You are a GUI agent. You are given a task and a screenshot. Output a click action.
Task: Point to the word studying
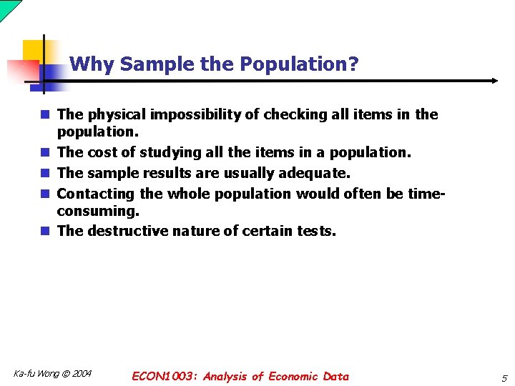(170, 152)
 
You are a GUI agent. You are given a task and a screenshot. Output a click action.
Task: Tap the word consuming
(97, 212)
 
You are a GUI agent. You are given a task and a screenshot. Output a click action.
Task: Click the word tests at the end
(315, 231)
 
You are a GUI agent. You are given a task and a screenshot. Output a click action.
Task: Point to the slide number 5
(504, 377)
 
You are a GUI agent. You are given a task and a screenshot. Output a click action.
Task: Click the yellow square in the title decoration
(34, 51)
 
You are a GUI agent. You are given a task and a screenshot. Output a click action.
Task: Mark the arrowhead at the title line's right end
(494, 81)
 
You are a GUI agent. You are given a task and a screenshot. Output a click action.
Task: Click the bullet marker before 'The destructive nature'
(44, 231)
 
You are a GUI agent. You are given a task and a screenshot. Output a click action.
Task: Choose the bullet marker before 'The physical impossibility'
(44, 114)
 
